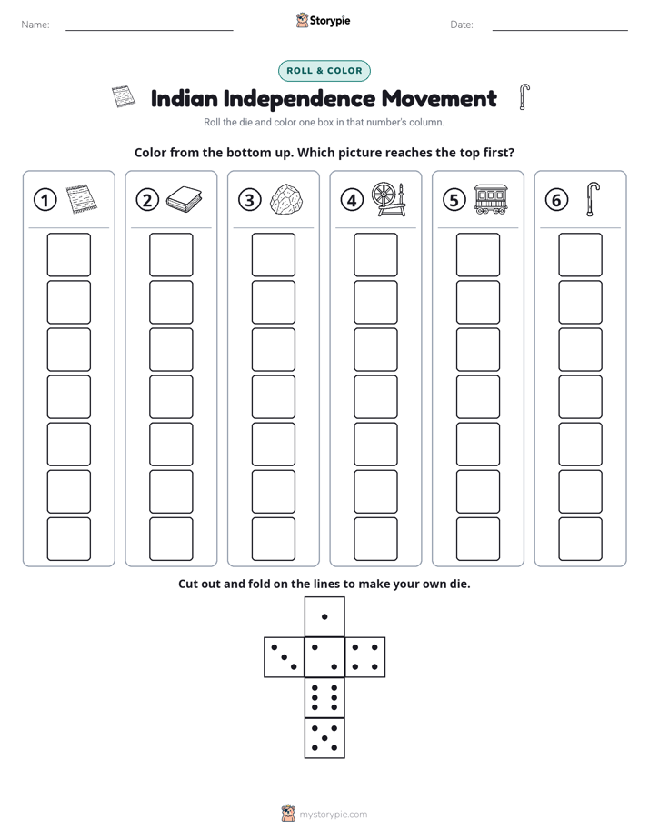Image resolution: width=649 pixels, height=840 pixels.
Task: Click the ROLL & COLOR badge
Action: (324, 71)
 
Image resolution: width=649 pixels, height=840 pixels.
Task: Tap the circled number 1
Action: (45, 200)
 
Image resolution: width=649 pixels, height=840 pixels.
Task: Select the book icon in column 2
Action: (184, 199)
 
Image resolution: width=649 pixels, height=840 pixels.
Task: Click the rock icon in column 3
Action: (286, 200)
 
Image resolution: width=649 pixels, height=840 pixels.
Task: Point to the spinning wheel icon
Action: (389, 199)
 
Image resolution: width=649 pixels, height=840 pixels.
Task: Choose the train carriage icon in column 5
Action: (491, 199)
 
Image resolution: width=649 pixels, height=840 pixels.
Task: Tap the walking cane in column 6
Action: (593, 199)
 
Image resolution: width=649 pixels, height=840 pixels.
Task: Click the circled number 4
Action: (352, 200)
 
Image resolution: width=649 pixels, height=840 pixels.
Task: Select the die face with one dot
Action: (324, 616)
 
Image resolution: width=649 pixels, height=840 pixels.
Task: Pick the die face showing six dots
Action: (324, 697)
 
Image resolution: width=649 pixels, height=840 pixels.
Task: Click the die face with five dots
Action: (324, 737)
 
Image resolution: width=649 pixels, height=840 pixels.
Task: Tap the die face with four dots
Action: (365, 657)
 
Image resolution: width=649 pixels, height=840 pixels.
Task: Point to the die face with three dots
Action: (285, 657)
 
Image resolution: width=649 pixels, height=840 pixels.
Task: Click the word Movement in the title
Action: (439, 98)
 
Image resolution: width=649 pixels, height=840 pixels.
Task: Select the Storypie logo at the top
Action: (323, 20)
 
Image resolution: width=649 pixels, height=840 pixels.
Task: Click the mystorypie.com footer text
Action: (333, 815)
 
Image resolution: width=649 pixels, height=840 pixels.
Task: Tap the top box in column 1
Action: (68, 255)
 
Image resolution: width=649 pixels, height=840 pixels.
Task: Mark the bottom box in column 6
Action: (580, 539)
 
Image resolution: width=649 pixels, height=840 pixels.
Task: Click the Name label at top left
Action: (35, 25)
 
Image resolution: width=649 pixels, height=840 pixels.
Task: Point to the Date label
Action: (462, 25)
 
